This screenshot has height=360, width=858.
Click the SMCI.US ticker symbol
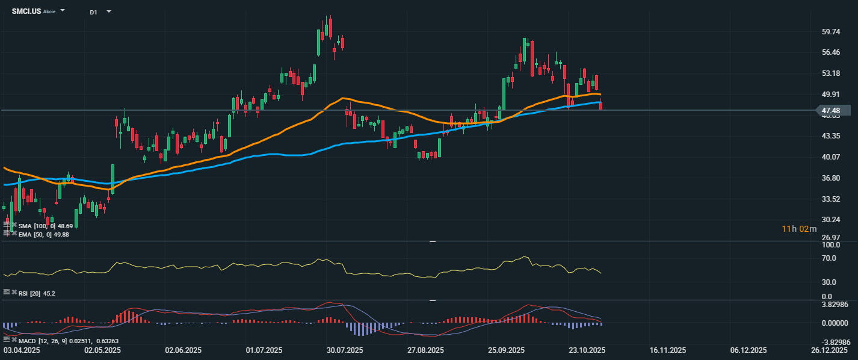pos(26,11)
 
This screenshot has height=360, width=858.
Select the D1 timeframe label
pos(93,11)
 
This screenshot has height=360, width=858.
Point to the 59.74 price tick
pos(830,32)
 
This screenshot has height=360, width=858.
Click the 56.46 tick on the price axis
pos(830,52)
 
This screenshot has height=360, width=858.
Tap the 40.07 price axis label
pos(830,157)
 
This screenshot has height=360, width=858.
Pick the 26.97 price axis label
pos(830,237)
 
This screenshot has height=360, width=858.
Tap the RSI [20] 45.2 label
pos(37,293)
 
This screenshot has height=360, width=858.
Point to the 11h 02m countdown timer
pos(799,229)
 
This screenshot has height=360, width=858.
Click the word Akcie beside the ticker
pos(49,11)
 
